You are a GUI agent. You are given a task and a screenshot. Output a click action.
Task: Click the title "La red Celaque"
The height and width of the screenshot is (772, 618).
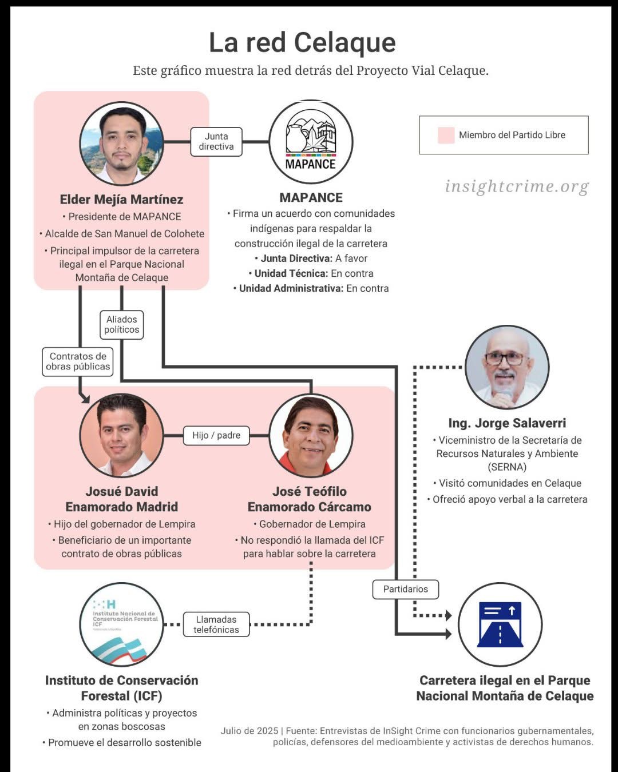(x=302, y=43)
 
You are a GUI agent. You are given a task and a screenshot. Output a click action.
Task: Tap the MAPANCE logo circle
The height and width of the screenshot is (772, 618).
(x=311, y=142)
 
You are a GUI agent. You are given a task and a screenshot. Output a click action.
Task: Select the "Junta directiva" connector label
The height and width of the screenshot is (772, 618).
(x=216, y=142)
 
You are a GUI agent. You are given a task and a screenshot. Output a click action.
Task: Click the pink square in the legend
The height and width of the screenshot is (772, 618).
(x=446, y=135)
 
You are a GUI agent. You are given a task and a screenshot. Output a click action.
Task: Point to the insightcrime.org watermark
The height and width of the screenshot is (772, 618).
(x=517, y=186)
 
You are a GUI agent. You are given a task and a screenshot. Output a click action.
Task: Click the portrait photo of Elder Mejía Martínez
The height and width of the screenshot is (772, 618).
(x=122, y=144)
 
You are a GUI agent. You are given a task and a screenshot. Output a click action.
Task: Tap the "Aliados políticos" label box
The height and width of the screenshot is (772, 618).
(x=121, y=325)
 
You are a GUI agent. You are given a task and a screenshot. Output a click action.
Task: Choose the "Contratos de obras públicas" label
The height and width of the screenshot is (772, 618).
(x=78, y=361)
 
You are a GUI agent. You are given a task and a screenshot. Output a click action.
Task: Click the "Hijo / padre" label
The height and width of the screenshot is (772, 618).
(x=216, y=435)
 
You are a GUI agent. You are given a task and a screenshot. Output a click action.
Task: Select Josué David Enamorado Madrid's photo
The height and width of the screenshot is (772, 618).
(x=122, y=435)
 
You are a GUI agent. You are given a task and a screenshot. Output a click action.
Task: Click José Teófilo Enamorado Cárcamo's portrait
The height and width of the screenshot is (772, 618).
(x=311, y=435)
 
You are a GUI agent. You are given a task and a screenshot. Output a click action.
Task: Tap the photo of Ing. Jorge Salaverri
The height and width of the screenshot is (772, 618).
(x=507, y=367)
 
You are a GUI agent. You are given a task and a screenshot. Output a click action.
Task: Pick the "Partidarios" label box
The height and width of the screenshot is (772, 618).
(x=405, y=589)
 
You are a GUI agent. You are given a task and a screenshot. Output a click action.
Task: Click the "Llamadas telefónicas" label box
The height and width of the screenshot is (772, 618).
(x=216, y=624)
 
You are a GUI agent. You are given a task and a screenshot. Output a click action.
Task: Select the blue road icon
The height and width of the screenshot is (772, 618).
(x=500, y=624)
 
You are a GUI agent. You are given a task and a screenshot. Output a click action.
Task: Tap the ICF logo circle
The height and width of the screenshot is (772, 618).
(x=122, y=624)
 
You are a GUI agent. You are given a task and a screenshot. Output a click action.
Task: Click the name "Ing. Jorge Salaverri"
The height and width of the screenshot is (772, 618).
(x=507, y=423)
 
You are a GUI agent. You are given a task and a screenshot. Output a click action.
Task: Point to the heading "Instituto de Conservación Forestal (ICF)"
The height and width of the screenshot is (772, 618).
(x=122, y=688)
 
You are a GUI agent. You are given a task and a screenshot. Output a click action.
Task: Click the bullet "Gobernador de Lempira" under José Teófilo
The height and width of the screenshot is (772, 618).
(x=312, y=524)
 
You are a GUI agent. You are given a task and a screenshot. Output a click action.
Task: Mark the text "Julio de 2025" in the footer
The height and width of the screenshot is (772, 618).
(x=249, y=731)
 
